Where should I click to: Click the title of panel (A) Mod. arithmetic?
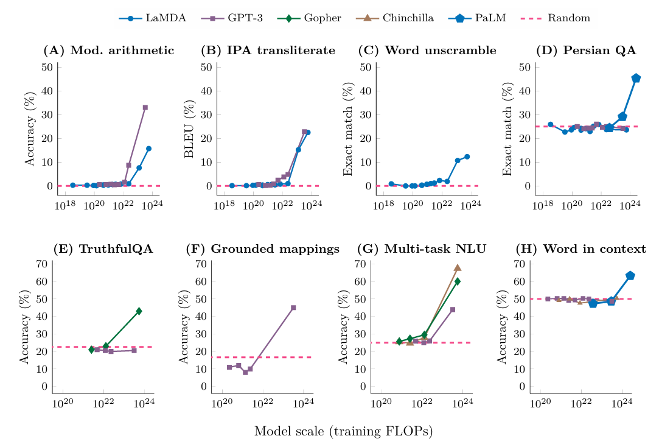click(x=109, y=51)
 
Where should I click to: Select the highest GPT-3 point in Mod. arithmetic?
click(x=145, y=107)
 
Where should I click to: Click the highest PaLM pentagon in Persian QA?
click(x=636, y=78)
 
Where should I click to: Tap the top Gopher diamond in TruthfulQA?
click(x=139, y=311)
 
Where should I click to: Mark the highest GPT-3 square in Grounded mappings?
click(x=293, y=308)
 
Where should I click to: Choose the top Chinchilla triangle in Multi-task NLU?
click(x=458, y=267)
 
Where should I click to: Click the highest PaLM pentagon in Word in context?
click(x=630, y=276)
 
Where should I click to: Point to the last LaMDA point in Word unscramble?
click(x=467, y=157)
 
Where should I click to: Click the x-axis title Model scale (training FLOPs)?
click(x=343, y=431)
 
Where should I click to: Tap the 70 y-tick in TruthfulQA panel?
click(x=43, y=264)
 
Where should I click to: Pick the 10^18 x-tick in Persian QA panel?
click(x=542, y=208)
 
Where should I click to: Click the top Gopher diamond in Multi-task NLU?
click(x=458, y=281)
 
